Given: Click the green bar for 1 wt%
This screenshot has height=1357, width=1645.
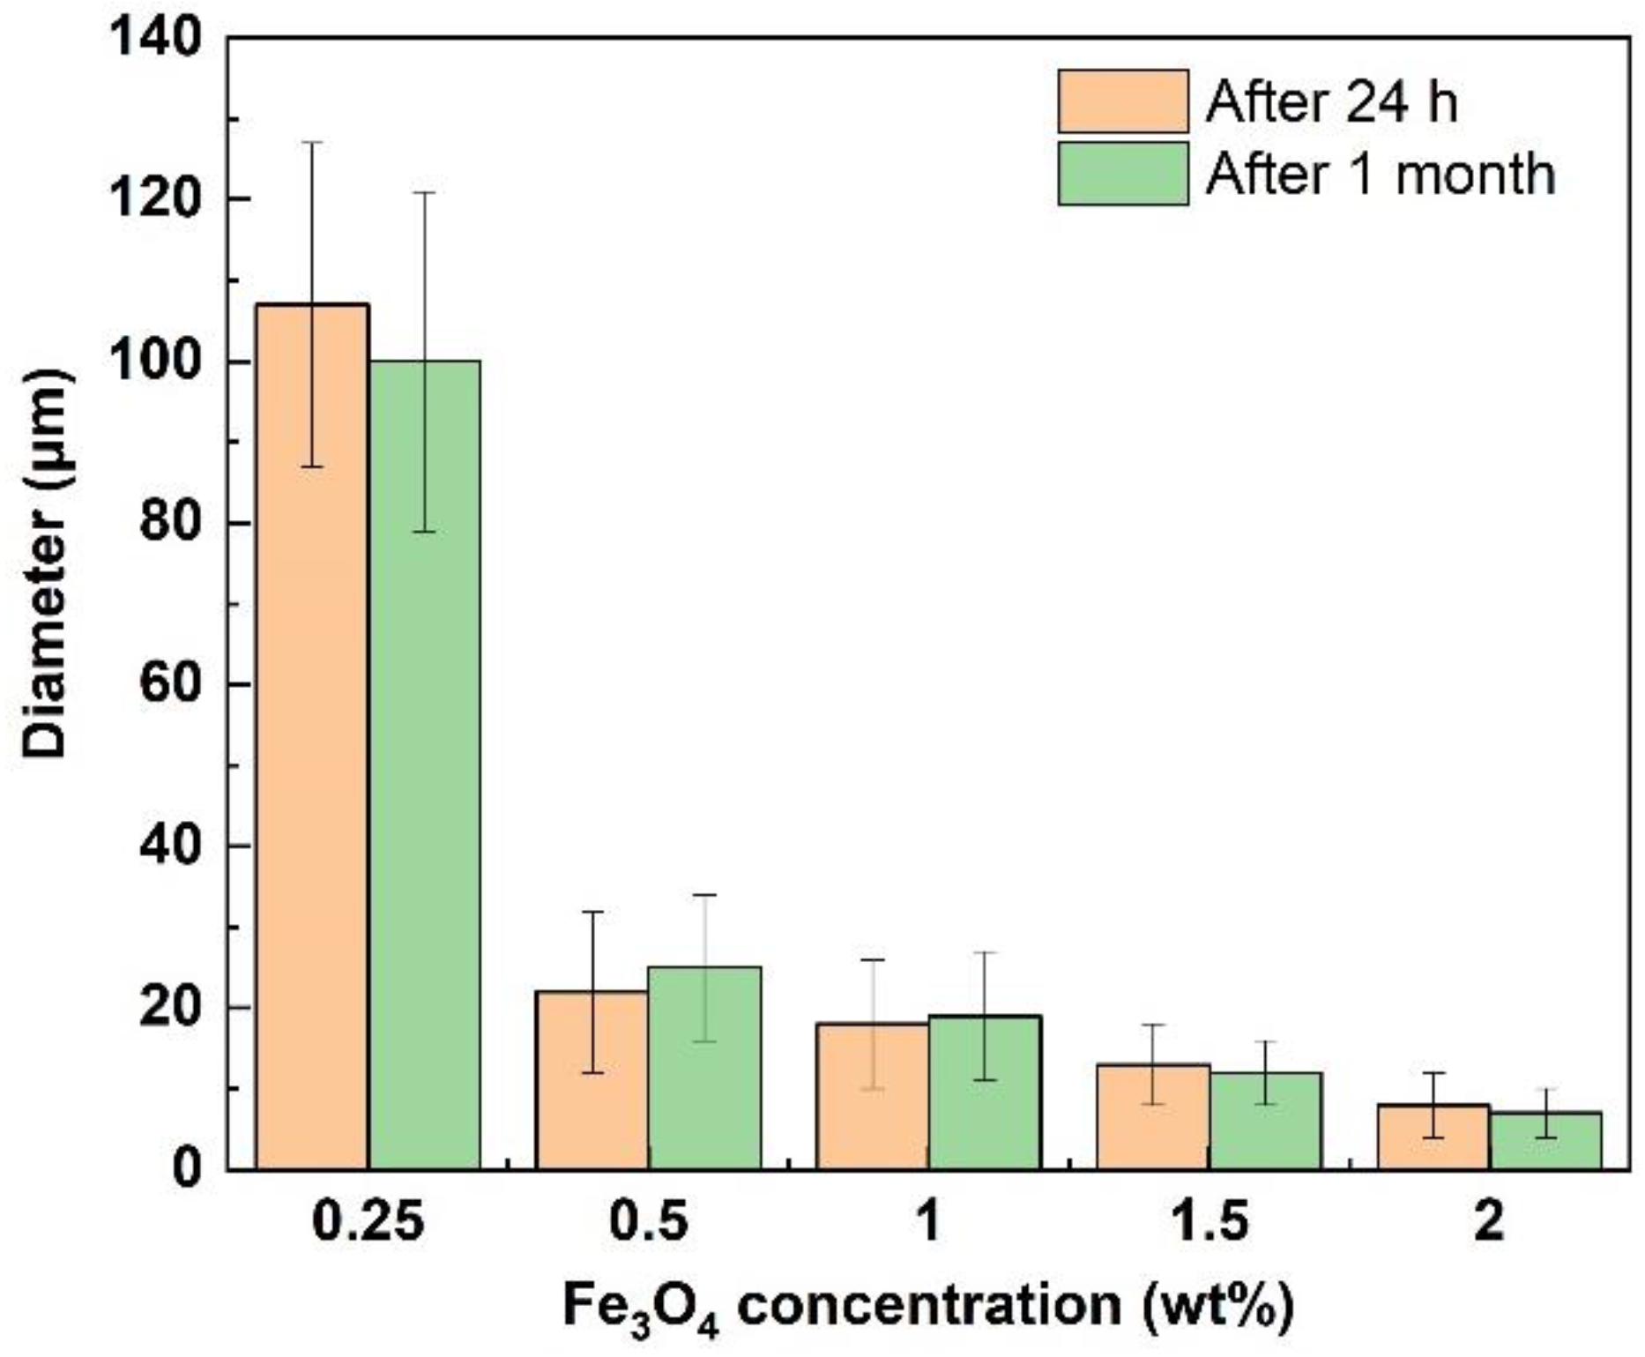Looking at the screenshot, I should click(x=986, y=1092).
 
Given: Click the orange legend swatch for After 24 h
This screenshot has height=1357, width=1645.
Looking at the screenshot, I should click(x=1122, y=101).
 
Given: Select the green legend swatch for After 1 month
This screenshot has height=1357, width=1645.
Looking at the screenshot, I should click(x=1122, y=174).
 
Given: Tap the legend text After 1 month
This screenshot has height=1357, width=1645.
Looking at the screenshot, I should click(x=1380, y=174).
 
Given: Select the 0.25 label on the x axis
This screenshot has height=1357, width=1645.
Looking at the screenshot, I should click(x=368, y=1222).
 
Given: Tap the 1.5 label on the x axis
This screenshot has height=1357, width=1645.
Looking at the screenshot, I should click(x=1209, y=1222).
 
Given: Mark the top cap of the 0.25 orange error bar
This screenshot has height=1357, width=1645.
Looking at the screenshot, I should click(x=312, y=142).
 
